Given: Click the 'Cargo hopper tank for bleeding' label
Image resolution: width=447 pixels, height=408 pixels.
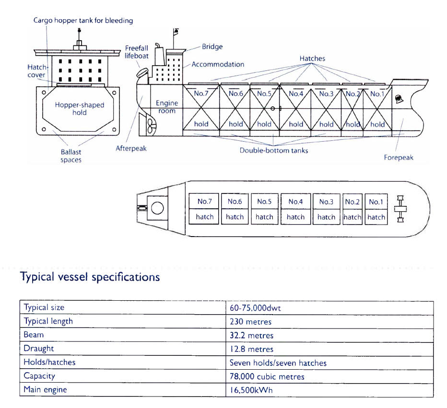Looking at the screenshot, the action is tap(83, 21).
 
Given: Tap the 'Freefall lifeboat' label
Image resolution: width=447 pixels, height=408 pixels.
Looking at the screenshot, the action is tap(137, 52).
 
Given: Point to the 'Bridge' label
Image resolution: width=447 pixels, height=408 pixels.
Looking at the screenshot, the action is tap(212, 47).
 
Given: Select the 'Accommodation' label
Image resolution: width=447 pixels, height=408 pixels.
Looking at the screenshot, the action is tap(218, 64).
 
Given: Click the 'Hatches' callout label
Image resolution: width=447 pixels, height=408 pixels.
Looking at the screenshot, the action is tap(312, 58).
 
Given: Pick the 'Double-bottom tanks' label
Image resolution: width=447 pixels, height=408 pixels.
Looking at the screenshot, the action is tap(274, 150).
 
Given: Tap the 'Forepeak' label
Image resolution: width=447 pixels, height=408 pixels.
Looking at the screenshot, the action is tap(398, 158).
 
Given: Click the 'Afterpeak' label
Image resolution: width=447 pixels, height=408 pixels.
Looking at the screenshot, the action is tap(131, 148).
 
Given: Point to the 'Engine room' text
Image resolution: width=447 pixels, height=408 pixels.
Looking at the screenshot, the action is tap(167, 107).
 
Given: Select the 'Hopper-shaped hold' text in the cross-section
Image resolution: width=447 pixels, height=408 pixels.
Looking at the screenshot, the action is tap(80, 109).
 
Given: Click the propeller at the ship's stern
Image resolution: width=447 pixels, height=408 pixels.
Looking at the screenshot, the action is tap(150, 126).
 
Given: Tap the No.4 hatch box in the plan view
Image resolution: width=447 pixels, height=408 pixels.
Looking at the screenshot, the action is tap(295, 209).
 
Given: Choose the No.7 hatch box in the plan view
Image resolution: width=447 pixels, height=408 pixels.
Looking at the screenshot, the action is tap(204, 209).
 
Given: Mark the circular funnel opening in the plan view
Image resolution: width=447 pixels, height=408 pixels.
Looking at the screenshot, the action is tap(157, 208).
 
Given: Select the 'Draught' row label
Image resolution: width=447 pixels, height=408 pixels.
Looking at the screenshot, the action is tap(39, 349).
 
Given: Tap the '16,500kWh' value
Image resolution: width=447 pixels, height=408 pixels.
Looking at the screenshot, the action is tap(251, 390).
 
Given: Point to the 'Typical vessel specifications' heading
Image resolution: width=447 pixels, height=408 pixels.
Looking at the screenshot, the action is tap(90, 277).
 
